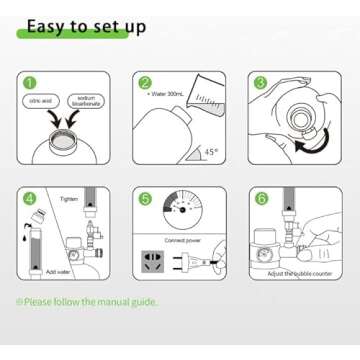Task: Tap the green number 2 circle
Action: point(145,83)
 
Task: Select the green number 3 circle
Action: point(260,83)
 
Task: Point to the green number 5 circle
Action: point(145,199)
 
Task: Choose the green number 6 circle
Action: point(260,199)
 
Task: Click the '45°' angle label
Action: point(210,152)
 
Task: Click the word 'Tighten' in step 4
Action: point(69,199)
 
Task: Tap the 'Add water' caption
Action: point(58,271)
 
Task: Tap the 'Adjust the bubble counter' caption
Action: point(298,272)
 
